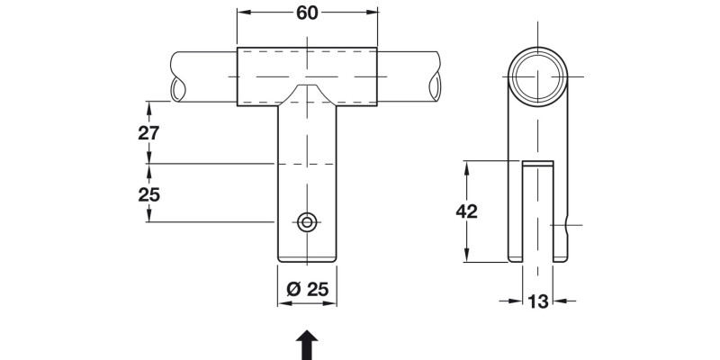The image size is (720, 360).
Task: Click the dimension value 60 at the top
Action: click(x=307, y=14)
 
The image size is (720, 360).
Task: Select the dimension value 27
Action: click(x=148, y=132)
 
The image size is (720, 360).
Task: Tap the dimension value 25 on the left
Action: click(x=148, y=193)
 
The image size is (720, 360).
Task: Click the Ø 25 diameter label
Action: click(x=307, y=290)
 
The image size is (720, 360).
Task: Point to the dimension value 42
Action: click(x=466, y=211)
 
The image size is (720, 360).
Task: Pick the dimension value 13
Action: click(x=538, y=302)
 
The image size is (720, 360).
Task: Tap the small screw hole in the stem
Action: click(x=308, y=221)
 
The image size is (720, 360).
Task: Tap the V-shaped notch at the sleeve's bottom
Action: click(x=308, y=94)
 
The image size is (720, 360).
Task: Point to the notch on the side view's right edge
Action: click(x=567, y=225)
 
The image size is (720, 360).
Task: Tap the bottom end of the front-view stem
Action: click(x=308, y=260)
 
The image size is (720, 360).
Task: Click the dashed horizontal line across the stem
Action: click(x=308, y=164)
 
